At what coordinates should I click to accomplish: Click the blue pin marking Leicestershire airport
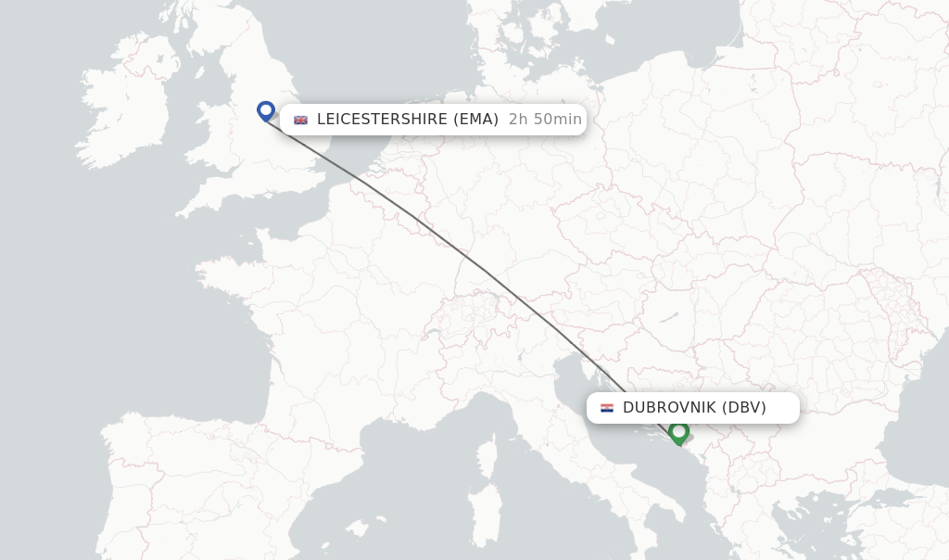(x=266, y=110)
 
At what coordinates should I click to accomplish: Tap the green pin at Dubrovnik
(x=678, y=432)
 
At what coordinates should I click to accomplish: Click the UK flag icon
(x=300, y=120)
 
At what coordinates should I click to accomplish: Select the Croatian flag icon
(x=607, y=408)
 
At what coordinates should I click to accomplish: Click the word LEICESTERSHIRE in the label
(x=383, y=120)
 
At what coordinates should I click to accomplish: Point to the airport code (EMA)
(x=476, y=120)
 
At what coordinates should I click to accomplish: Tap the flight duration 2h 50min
(x=545, y=120)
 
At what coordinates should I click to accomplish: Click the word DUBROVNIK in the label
(x=667, y=408)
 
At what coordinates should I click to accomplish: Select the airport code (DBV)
(x=743, y=408)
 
